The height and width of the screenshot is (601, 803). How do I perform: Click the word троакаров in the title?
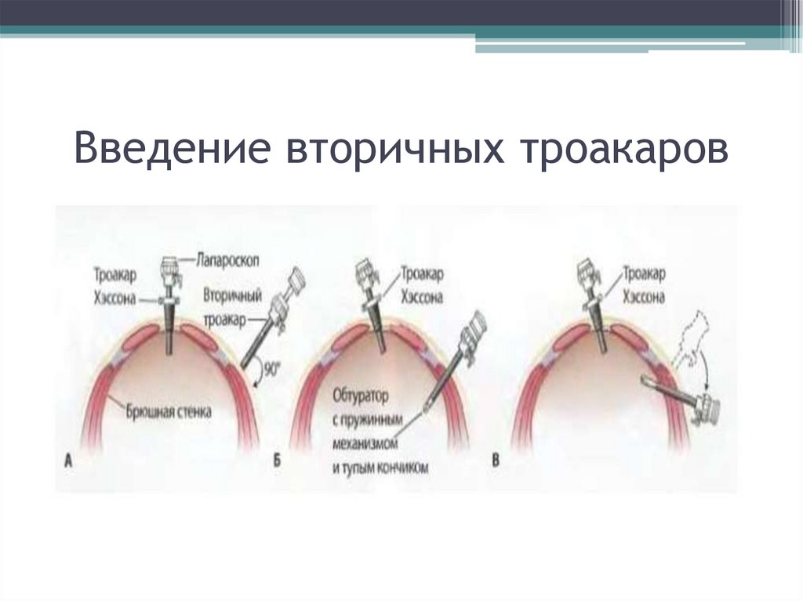623,150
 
